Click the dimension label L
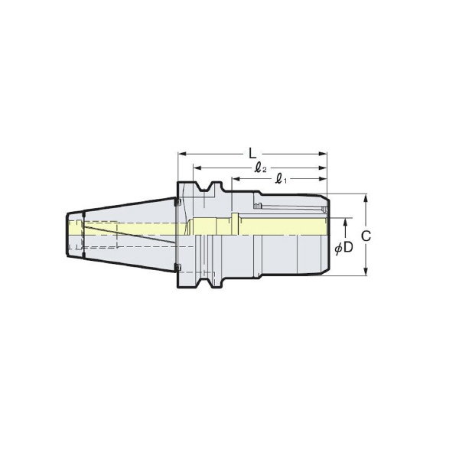tap(252, 153)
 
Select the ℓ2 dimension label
tap(261, 168)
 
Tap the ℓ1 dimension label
tap(282, 179)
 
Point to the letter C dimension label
tap(366, 236)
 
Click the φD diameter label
tap(344, 248)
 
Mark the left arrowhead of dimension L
tap(182, 154)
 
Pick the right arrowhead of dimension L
tap(323, 154)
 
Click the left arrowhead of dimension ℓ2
tap(197, 168)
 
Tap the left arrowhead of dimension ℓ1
tap(236, 179)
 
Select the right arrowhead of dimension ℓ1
tap(323, 179)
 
